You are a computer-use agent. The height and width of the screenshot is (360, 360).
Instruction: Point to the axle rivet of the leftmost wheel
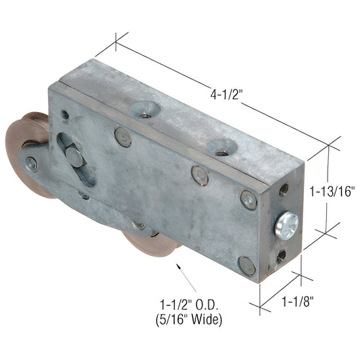(32, 163)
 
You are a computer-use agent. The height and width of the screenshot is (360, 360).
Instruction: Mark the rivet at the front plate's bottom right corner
(248, 265)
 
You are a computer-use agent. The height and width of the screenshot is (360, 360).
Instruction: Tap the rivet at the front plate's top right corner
(248, 200)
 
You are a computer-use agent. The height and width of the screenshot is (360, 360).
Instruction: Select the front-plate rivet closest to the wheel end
(122, 137)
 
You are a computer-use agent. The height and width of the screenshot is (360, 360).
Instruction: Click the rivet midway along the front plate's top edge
(199, 176)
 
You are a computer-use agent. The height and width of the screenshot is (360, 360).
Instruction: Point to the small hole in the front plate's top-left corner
(65, 114)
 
